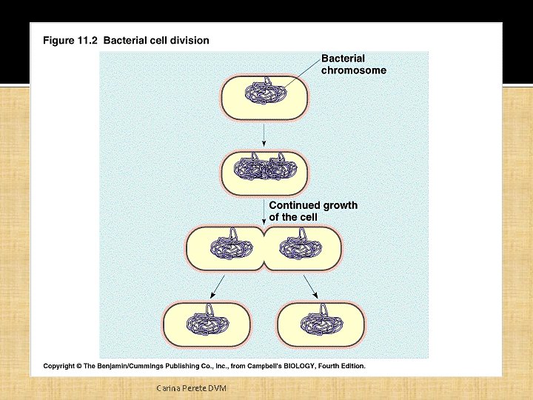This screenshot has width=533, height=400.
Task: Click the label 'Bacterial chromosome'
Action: click(x=353, y=64)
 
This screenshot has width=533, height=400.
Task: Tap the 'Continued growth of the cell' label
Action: click(x=312, y=211)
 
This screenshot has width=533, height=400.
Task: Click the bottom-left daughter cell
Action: click(x=207, y=324)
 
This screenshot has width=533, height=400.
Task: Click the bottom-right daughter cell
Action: click(x=321, y=324)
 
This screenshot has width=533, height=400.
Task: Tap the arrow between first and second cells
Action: click(x=264, y=134)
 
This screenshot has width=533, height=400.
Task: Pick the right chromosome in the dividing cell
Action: click(x=301, y=247)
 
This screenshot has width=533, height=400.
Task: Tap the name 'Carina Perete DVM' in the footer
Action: click(x=191, y=388)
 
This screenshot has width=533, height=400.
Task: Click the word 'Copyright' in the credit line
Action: click(x=60, y=366)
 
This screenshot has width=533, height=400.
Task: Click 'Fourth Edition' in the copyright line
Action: click(x=340, y=366)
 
